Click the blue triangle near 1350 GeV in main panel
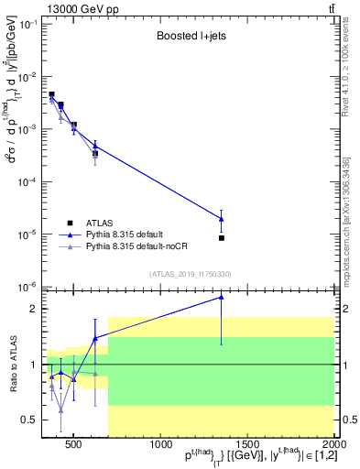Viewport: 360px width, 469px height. [222, 218]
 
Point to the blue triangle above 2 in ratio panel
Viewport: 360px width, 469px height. [222, 297]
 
